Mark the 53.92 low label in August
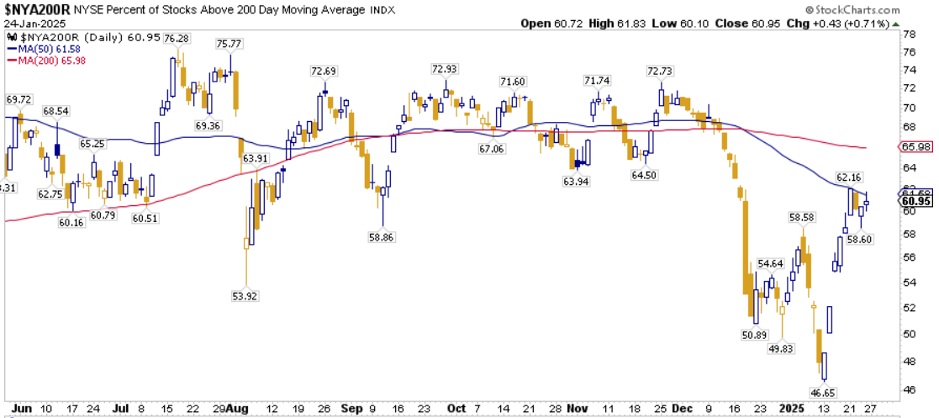click(x=245, y=295)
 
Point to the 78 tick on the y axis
click(x=909, y=35)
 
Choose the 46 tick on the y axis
click(x=909, y=389)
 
